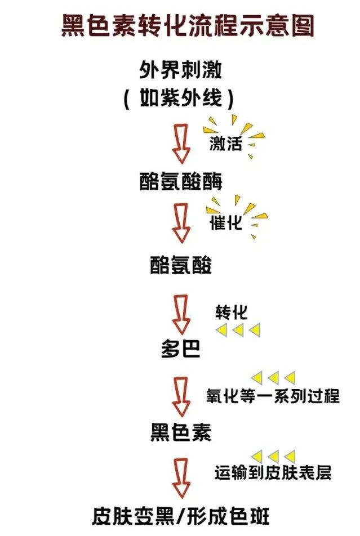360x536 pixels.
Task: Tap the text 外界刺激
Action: click(x=180, y=70)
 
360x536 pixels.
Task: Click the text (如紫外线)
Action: click(x=179, y=99)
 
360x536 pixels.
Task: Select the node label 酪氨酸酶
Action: click(x=180, y=181)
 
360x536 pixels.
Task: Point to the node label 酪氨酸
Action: click(x=180, y=265)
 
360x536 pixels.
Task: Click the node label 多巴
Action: click(x=180, y=350)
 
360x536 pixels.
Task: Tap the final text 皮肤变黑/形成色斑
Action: click(x=180, y=516)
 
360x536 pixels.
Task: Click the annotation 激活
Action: click(x=226, y=143)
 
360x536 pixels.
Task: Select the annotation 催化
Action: click(x=226, y=223)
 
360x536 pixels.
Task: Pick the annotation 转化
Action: click(x=231, y=312)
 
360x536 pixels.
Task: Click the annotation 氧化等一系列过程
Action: click(x=273, y=395)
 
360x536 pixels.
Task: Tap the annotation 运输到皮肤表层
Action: click(x=273, y=472)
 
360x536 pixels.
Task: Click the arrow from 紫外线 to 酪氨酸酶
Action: click(x=181, y=144)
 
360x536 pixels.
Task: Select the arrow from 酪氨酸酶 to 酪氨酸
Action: click(x=181, y=224)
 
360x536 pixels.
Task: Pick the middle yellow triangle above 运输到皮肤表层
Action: click(x=273, y=455)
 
